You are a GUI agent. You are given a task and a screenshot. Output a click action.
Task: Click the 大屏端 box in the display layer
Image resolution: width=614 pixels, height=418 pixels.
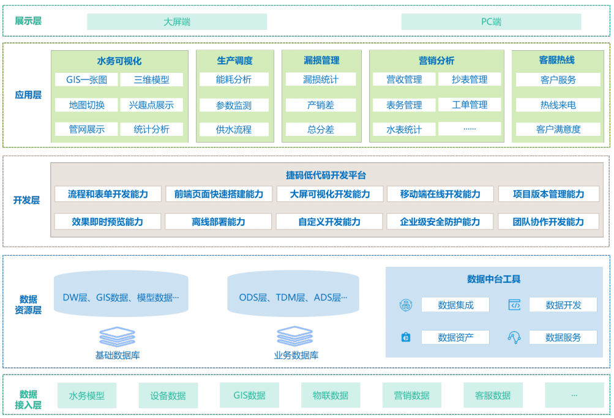click(x=177, y=22)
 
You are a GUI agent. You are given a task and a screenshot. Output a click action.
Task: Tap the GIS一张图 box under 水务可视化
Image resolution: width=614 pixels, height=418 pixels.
click(x=86, y=80)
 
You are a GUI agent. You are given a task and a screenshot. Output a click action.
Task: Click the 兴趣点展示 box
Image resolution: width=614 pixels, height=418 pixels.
click(x=151, y=105)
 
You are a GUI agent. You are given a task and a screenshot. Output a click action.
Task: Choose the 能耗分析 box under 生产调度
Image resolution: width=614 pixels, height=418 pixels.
click(x=234, y=80)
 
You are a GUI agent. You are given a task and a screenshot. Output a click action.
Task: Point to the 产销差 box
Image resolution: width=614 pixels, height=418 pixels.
click(x=321, y=105)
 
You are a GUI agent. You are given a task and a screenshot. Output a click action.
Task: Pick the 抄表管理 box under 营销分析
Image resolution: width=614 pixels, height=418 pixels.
click(x=470, y=80)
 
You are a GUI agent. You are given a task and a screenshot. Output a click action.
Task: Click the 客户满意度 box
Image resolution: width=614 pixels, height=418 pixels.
click(x=558, y=129)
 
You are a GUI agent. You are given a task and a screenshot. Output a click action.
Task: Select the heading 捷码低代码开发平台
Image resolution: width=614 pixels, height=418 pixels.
click(x=326, y=175)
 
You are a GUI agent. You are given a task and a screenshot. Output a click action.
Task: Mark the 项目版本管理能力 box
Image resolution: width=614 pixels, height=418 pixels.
click(x=549, y=194)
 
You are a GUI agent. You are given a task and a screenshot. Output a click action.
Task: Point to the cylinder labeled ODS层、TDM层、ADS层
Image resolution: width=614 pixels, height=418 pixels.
click(x=293, y=298)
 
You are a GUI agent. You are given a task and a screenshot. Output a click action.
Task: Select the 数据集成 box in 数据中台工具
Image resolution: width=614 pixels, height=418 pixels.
click(x=455, y=305)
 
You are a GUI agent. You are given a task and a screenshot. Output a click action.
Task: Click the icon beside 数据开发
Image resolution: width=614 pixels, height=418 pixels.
click(x=514, y=305)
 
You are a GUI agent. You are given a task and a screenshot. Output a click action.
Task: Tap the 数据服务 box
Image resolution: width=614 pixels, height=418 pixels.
click(x=563, y=337)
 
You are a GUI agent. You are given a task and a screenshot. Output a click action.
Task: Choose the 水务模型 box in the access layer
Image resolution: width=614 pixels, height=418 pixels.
click(x=87, y=395)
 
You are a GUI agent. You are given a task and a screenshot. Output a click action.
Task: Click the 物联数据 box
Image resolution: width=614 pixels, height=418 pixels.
click(x=331, y=395)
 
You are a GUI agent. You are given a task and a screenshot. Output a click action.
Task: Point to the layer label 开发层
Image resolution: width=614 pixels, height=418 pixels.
click(x=26, y=200)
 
